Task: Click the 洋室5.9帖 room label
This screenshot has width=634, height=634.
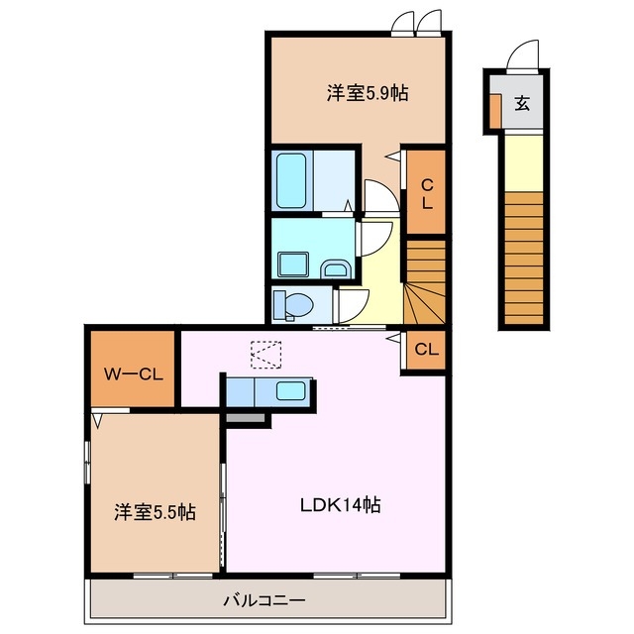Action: point(368,94)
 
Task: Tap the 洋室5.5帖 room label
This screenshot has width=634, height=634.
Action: point(154,512)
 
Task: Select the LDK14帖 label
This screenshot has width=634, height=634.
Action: point(341,504)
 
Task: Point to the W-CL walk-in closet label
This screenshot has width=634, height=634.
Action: point(133,373)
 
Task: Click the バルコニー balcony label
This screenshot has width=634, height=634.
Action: point(263,600)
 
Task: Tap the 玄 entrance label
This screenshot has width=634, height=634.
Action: point(521,101)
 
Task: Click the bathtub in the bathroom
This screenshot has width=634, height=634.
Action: point(294,179)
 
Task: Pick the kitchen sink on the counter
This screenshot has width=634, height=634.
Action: point(290,390)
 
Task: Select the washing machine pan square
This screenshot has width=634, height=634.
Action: point(293,264)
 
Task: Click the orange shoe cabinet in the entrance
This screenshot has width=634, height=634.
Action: point(494,112)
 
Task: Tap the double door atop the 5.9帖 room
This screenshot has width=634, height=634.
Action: point(415,22)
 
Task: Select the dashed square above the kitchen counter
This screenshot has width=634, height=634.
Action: point(266,355)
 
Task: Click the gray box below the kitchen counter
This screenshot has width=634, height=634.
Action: point(248,419)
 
